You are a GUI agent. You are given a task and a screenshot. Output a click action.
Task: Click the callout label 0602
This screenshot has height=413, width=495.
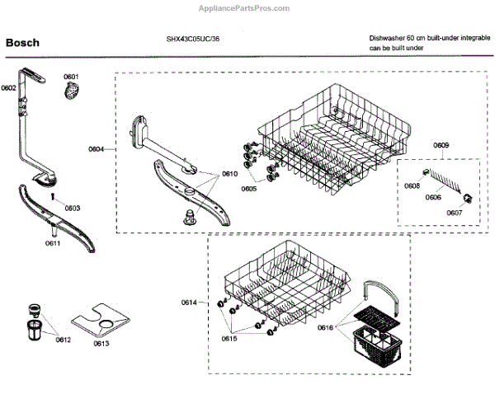[8, 87]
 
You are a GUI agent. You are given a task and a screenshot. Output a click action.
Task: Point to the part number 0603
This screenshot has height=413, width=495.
[72, 208]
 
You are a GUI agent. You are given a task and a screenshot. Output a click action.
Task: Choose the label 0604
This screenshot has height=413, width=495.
[97, 149]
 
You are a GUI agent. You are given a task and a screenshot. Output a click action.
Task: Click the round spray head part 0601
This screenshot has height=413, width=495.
[71, 91]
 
